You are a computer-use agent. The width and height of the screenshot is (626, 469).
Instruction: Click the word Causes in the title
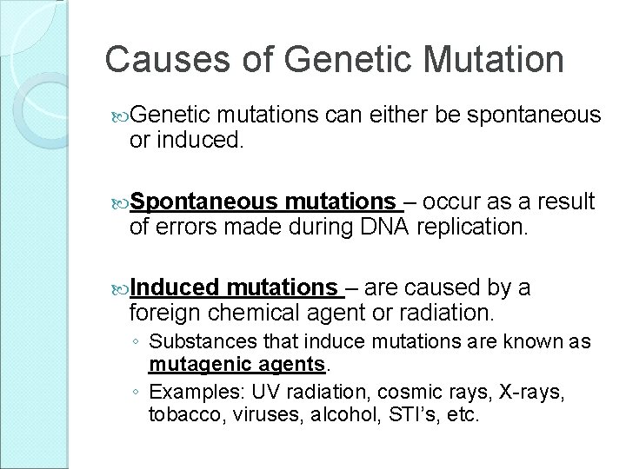pos(168,59)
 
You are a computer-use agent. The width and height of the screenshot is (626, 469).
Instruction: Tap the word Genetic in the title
pos(347,59)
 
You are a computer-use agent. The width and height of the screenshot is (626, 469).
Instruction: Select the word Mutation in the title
pos(493,59)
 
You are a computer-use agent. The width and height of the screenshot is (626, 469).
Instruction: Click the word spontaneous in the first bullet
pos(534,116)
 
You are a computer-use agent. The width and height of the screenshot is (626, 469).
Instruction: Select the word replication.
pos(472,228)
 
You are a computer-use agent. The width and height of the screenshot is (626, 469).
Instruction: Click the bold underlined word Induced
pos(175,287)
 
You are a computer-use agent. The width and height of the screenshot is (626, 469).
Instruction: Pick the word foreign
pos(164,314)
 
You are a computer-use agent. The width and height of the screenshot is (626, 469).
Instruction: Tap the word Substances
pos(203,341)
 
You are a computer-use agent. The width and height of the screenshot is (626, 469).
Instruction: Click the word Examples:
pos(196,393)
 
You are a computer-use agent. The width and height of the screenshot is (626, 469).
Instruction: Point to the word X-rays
pos(532,393)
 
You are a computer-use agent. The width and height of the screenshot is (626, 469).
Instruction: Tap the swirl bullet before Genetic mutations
pos(120,117)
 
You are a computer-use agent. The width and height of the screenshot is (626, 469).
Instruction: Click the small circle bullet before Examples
pos(136,392)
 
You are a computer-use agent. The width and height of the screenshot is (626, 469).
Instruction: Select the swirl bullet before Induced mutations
pos(120,290)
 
